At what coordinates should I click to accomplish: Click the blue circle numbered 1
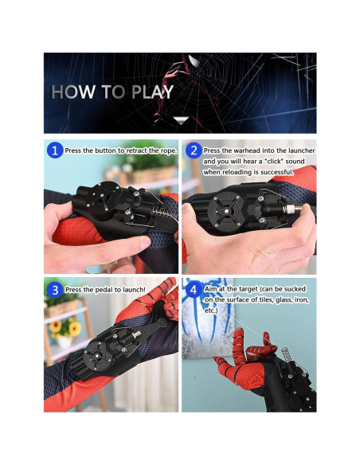[55, 150]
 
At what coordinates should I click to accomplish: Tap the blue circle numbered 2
[194, 150]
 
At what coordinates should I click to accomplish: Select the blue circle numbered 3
[55, 290]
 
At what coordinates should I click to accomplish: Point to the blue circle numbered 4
[194, 290]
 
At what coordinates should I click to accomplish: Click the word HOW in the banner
[73, 92]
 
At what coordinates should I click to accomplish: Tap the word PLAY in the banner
[152, 92]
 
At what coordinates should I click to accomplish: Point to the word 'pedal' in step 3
[104, 290]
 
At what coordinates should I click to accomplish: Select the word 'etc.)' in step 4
[211, 311]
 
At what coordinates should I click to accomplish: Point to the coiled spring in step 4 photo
[287, 354]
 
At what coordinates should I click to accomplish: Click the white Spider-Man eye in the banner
[194, 61]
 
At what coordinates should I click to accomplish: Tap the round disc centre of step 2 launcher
[226, 211]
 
